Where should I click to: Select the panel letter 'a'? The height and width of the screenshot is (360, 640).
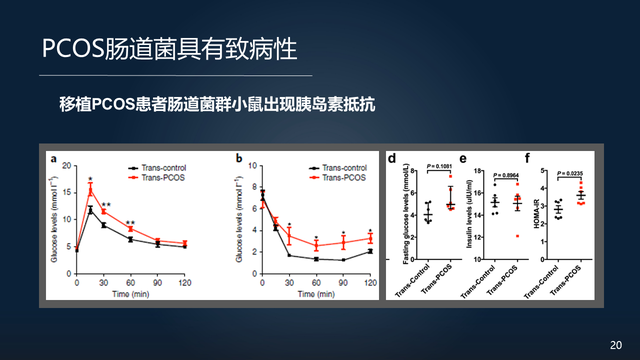click(x=54, y=158)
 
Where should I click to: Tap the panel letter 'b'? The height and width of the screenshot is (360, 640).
click(x=240, y=158)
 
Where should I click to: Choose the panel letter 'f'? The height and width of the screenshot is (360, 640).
click(x=541, y=158)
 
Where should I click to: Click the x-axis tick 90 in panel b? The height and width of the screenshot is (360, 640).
click(x=343, y=283)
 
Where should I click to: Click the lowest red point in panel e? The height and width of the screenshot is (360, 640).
click(x=518, y=235)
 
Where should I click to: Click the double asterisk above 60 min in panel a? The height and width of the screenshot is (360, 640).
click(x=130, y=223)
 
